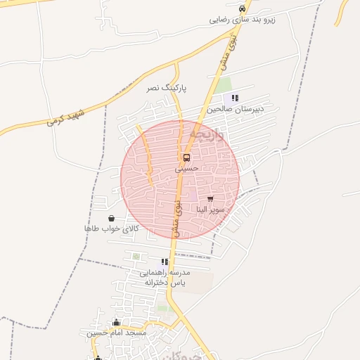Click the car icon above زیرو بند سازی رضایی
pos(243,8)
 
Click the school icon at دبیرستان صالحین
pos(235,98)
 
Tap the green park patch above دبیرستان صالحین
pos(224,85)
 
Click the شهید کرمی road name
pos(66,117)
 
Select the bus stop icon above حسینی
pos(186,157)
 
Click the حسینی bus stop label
pos(187,169)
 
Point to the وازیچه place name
pos(206,134)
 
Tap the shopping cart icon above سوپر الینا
pos(210,199)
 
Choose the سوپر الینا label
pos(210,210)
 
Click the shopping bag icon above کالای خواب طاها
pos(112,218)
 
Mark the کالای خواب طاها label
pos(112,229)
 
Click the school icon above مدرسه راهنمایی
pos(165,262)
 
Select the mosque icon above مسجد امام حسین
pos(117,322)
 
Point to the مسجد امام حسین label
pos(117,333)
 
